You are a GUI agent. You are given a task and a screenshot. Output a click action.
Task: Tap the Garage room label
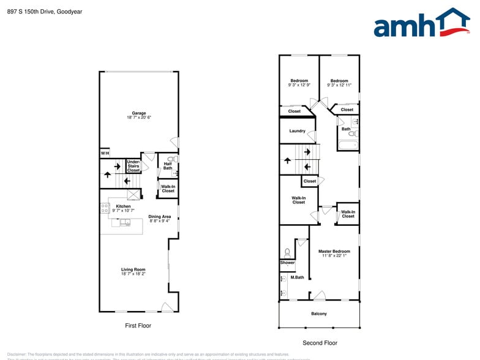click(139, 113)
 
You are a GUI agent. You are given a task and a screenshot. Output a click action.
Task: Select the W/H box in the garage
click(105, 153)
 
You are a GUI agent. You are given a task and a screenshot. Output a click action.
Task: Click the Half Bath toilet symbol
click(171, 159)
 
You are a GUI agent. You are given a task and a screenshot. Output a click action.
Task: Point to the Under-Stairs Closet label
click(133, 166)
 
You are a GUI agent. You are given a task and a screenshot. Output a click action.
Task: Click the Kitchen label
click(124, 206)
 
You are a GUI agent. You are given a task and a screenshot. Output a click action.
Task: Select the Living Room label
click(133, 269)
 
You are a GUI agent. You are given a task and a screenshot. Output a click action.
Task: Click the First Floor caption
click(138, 326)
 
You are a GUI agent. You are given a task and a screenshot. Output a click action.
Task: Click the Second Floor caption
click(320, 343)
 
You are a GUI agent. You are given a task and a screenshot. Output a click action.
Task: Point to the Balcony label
click(319, 314)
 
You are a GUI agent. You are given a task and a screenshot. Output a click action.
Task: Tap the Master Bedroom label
click(334, 251)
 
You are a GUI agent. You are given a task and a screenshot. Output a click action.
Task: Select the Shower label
click(287, 263)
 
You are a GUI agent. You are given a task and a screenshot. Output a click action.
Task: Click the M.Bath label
click(298, 277)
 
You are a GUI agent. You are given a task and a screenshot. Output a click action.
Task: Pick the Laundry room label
click(298, 131)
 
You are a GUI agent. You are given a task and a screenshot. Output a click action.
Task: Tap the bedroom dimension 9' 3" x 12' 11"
click(339, 85)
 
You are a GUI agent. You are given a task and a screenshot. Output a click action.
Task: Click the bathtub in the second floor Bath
click(348, 145)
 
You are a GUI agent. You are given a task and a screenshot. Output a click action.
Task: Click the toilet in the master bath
click(287, 252)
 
